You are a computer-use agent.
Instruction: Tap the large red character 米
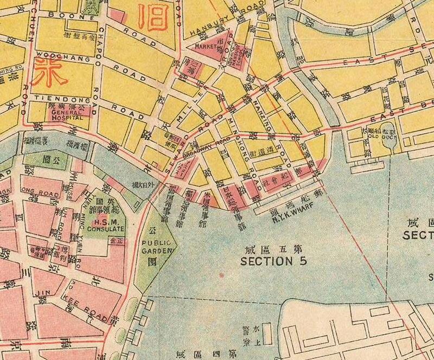tap(45, 72)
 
